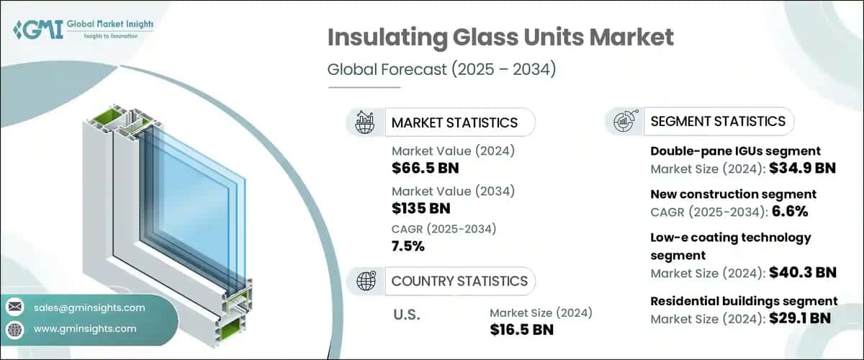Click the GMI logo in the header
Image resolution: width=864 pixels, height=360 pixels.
click(x=84, y=30)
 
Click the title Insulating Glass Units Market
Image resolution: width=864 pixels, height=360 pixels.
click(x=500, y=39)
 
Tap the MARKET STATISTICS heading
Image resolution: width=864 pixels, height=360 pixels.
click(x=454, y=122)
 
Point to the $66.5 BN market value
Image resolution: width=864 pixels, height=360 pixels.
click(x=425, y=168)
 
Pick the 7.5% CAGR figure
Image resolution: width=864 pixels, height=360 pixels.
click(x=408, y=246)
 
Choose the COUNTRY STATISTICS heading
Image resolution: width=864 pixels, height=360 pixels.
click(x=459, y=281)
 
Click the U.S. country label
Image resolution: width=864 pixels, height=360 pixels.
click(x=408, y=315)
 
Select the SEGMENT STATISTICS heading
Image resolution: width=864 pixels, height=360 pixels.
click(x=718, y=121)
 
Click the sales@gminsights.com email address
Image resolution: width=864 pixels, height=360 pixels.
click(x=90, y=307)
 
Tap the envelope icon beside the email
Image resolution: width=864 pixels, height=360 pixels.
click(x=14, y=307)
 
